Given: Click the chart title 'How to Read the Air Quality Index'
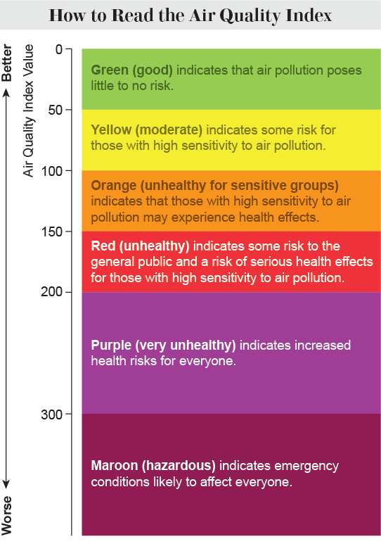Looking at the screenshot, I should pos(190,15).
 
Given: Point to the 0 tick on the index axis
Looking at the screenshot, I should pos(60,49).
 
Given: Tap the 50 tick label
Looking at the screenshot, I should pos(57,109).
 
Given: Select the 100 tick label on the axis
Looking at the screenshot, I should pos(54,170).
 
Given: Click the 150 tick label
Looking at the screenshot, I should pos(54,231).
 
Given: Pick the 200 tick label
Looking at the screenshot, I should pos(54,291).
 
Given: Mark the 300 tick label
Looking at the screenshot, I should pos(54,414).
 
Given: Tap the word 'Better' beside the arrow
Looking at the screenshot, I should pos(8,65).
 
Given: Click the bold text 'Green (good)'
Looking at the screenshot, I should pos(132,70).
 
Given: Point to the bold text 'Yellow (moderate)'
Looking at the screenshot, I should pos(146,130).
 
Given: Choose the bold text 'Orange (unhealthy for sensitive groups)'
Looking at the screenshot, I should pos(214,186).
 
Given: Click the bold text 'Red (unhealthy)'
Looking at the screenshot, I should pos(141,246).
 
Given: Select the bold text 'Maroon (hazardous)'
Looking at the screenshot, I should pos(153,466).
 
